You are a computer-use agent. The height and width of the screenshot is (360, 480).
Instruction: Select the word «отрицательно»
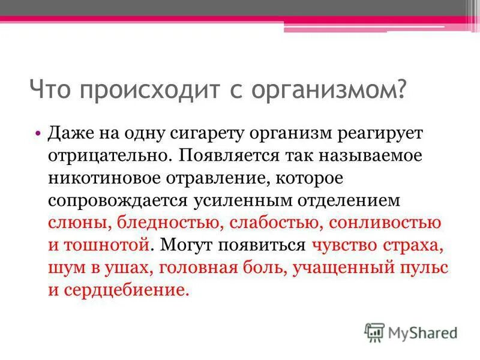click(x=106, y=155)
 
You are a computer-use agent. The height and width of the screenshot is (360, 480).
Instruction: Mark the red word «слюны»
click(x=74, y=223)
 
